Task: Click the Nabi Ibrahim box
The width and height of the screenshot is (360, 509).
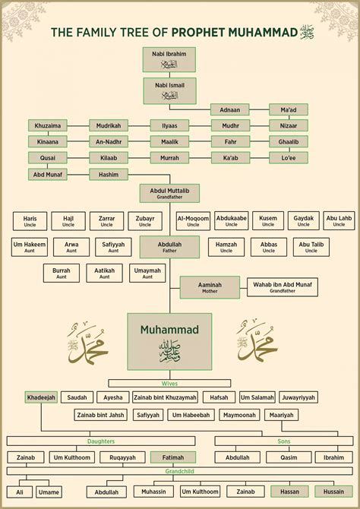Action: click(x=169, y=59)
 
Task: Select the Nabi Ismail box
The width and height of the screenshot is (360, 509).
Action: click(x=169, y=90)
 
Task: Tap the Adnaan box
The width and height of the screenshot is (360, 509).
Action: click(x=229, y=109)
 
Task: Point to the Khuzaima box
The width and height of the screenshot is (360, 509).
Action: click(x=47, y=125)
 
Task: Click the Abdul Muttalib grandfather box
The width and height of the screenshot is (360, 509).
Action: click(x=169, y=193)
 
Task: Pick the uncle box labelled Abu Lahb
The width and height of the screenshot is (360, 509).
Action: click(x=339, y=220)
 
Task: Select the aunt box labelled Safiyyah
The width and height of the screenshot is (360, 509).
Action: click(x=114, y=247)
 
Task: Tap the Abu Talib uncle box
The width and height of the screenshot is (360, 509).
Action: click(x=311, y=247)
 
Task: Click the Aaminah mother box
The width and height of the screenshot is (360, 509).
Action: click(x=210, y=286)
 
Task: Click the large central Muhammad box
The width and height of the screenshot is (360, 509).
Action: click(x=169, y=340)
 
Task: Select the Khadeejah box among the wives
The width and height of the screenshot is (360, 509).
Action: click(x=41, y=397)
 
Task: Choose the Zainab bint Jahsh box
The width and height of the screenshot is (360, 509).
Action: click(x=100, y=415)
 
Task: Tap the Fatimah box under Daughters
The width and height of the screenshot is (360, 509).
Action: click(x=173, y=457)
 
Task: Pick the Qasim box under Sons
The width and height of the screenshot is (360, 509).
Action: click(x=289, y=457)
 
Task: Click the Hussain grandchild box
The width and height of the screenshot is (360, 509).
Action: click(x=334, y=492)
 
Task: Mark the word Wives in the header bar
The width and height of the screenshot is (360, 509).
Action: click(x=170, y=383)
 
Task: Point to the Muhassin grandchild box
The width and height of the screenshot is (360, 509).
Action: click(x=153, y=492)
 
